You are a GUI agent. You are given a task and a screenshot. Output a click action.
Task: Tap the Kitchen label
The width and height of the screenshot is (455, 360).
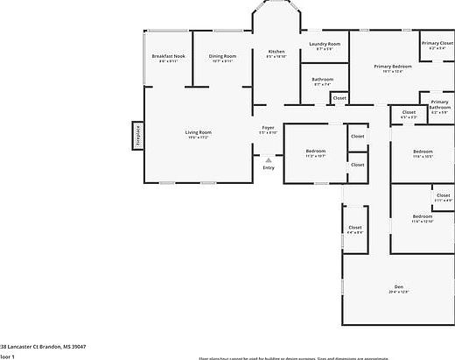(x=276, y=53)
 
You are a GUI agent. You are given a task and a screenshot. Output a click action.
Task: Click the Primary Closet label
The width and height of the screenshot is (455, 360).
(x=437, y=43)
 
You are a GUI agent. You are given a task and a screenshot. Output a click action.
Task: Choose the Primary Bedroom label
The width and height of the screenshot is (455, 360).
(x=393, y=67)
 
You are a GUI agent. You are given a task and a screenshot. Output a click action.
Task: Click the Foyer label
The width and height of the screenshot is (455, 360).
(x=269, y=128)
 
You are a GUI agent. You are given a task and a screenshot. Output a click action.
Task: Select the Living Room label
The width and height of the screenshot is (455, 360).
(x=198, y=132)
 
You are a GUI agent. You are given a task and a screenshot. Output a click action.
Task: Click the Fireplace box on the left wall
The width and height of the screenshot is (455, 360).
(x=137, y=135)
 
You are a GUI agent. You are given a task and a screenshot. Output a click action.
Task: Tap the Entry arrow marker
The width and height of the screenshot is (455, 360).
(x=269, y=160)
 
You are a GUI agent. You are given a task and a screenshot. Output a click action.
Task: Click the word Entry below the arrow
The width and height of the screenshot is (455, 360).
(x=269, y=167)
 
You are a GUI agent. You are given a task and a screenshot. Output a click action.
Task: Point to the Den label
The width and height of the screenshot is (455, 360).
(x=398, y=287)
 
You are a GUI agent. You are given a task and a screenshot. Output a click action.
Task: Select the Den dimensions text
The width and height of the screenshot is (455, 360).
(x=398, y=293)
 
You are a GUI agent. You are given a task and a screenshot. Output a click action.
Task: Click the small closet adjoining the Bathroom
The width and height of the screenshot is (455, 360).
(x=339, y=98)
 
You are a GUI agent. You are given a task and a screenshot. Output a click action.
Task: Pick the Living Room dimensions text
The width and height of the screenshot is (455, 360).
(x=198, y=138)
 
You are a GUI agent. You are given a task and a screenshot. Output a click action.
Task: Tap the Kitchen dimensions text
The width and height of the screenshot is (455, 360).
(x=276, y=58)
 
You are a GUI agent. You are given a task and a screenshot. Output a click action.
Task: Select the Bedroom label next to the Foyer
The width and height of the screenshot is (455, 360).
(x=315, y=151)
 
